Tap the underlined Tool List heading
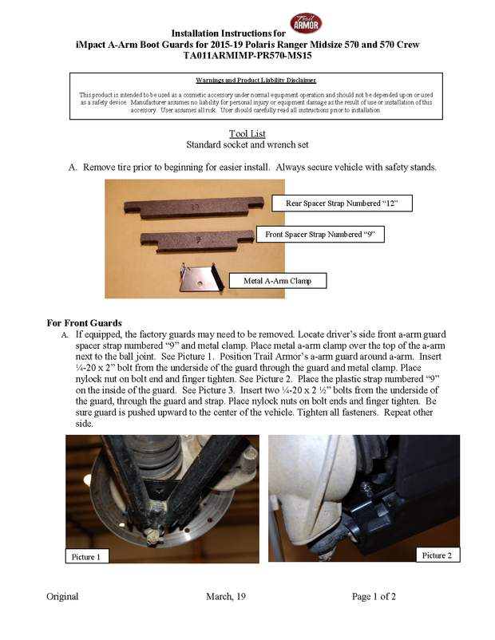247,133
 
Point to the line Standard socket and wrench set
247,145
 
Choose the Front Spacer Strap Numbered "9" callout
319,235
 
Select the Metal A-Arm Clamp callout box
278,280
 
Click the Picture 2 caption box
437,555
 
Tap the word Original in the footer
62,596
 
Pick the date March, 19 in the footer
226,596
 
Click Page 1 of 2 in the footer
374,596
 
